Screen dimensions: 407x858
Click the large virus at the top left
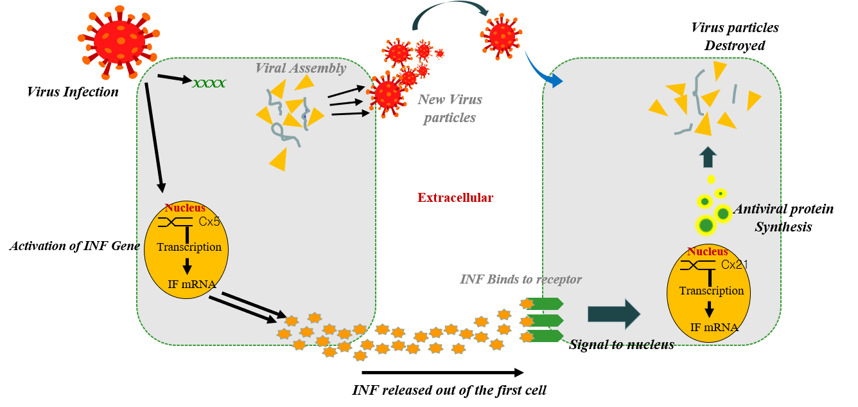(119, 40)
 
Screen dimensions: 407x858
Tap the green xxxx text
(209, 84)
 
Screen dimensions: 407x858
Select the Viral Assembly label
(301, 68)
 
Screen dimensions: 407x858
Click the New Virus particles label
(450, 109)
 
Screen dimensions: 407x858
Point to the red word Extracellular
(455, 197)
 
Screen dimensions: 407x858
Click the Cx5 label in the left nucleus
(209, 222)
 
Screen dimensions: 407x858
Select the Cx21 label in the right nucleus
(734, 265)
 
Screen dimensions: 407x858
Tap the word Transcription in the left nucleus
(189, 247)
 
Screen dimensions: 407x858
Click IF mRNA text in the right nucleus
(714, 327)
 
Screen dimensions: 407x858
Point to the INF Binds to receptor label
(521, 279)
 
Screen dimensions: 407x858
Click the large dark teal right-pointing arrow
(614, 314)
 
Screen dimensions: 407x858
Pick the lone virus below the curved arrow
(502, 35)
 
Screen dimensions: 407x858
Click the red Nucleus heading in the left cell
(185, 208)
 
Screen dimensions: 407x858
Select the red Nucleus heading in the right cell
(708, 251)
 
